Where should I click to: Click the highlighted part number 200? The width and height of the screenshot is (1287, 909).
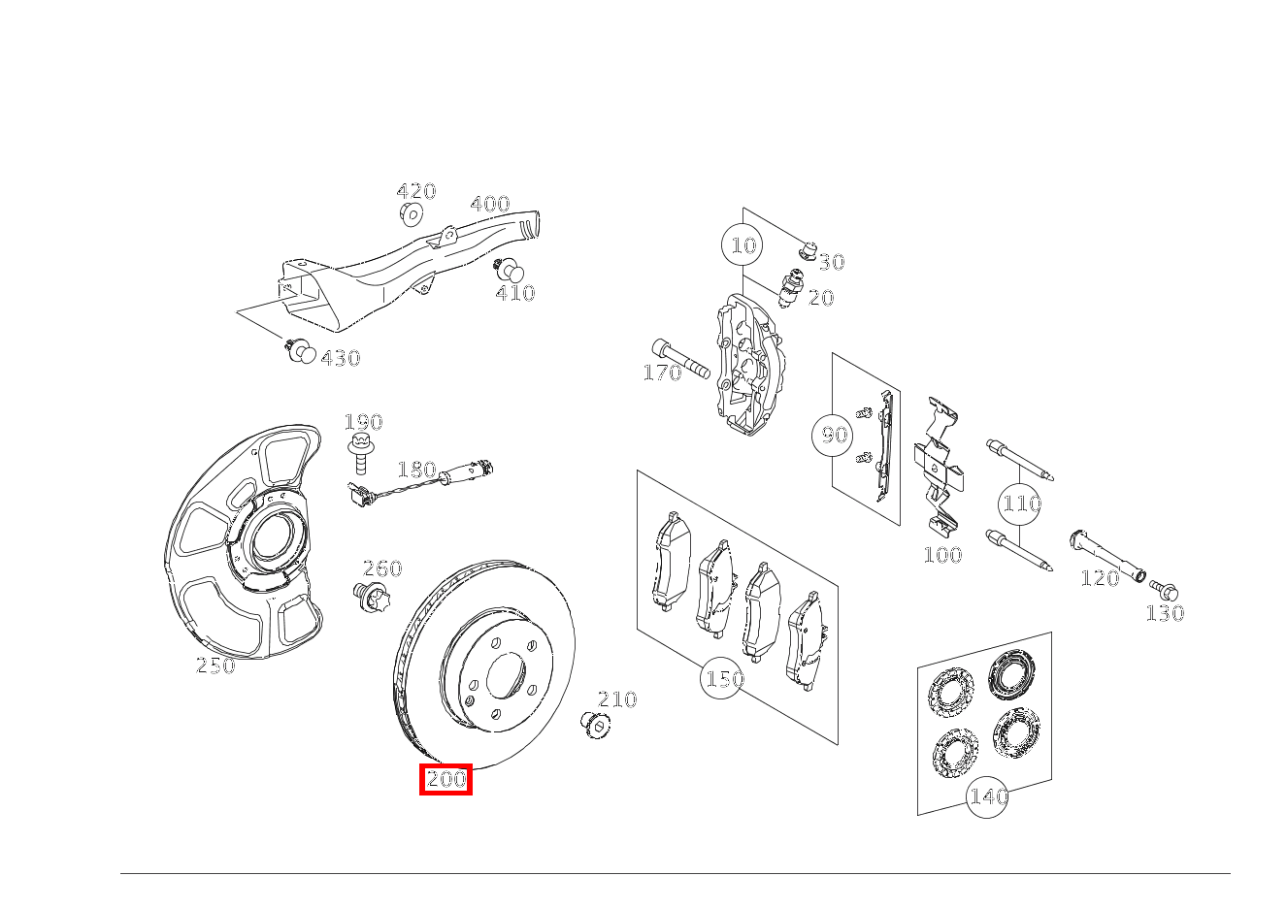(445, 779)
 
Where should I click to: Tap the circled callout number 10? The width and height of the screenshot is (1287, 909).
(742, 245)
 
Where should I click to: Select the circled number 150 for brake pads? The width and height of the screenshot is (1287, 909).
(723, 679)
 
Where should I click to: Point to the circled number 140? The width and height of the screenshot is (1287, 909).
(987, 796)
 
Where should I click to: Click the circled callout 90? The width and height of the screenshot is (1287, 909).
(834, 436)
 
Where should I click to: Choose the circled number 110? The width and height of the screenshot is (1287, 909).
(1020, 503)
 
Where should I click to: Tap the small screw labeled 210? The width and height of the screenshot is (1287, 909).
(594, 723)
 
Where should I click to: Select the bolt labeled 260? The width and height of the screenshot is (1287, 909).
(370, 597)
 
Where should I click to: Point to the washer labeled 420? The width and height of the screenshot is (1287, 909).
(411, 213)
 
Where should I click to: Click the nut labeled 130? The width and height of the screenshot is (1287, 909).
(1168, 590)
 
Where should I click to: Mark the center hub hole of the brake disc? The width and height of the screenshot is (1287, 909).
(505, 674)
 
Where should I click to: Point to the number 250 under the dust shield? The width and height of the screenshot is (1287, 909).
(215, 666)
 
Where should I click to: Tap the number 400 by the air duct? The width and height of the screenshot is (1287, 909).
(489, 205)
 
